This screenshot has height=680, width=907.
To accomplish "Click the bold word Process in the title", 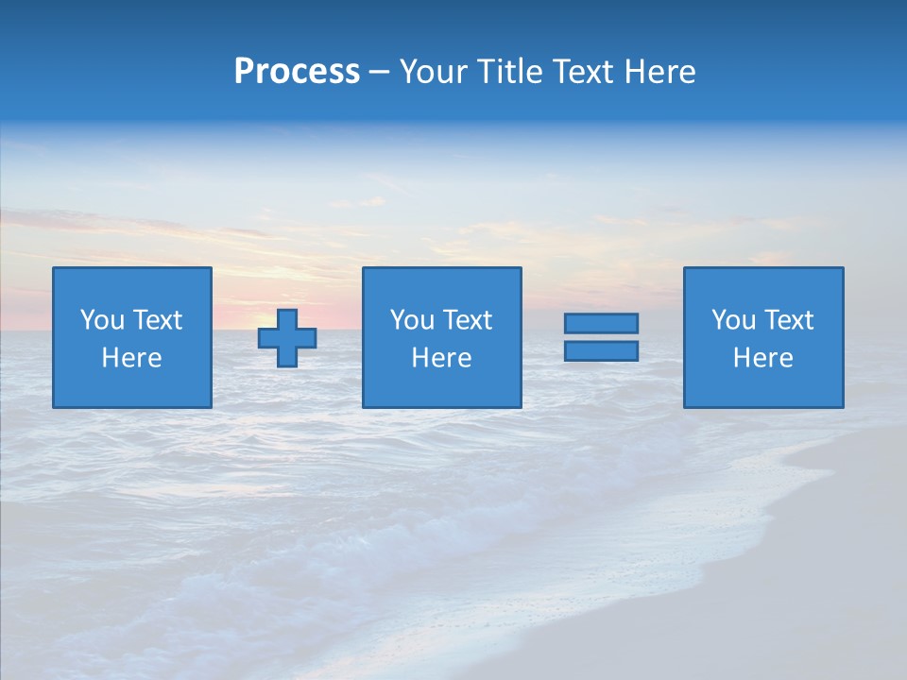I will click(x=297, y=72).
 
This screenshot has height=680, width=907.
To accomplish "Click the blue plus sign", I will click(x=287, y=338).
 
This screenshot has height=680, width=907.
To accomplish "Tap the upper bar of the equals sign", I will click(x=601, y=324).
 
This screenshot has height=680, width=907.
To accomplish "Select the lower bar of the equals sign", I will click(x=601, y=350).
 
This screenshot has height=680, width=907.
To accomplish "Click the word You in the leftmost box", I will click(x=102, y=320).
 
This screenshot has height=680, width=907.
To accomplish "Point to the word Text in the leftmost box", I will click(x=157, y=320).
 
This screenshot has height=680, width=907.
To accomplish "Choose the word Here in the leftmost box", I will click(x=132, y=358).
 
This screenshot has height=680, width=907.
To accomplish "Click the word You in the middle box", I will click(x=412, y=320).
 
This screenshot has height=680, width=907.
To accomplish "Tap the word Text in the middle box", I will click(x=467, y=320).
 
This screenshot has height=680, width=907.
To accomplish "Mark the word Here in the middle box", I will click(x=442, y=358).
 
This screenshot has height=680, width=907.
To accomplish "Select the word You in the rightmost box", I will click(x=733, y=320).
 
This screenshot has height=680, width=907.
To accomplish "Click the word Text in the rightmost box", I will click(x=788, y=320).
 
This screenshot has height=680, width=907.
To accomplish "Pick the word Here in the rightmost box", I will click(x=763, y=358).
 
